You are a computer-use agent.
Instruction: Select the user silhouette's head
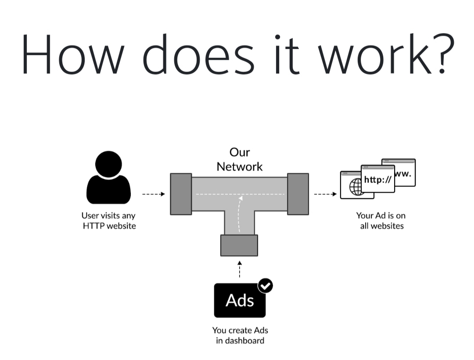coord(108,164)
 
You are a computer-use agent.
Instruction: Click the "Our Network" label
coord(240,160)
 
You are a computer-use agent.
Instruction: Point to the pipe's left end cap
coord(181,194)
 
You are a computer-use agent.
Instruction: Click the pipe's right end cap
coord(298,194)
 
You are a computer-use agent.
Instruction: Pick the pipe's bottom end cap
coord(239,245)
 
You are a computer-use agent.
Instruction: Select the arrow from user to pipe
coord(153,194)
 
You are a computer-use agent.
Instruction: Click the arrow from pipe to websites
coord(325,194)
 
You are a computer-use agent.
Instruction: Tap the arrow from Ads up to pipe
coord(240,269)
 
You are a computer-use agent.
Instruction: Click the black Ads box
coord(240,300)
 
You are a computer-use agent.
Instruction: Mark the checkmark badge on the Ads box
coord(265,286)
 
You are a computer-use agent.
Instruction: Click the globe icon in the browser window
coord(356,187)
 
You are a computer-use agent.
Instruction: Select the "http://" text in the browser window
coord(377,179)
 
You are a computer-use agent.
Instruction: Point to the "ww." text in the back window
coord(403,174)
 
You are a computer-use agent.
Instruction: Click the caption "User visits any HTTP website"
coord(108,221)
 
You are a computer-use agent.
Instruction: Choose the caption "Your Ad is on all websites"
coord(381,221)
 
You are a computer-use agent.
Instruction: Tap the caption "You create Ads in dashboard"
coord(240,335)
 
